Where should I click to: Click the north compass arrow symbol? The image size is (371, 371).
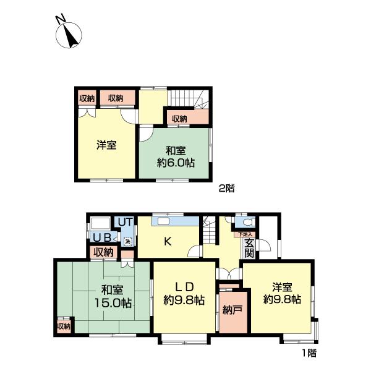69,35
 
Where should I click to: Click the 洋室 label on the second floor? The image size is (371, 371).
106,146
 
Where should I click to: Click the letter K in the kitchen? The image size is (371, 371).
167,242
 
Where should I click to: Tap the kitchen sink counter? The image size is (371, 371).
168,221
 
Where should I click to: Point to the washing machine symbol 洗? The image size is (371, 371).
128,241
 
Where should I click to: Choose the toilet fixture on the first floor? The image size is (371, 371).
247,223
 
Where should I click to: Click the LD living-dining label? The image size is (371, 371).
184,286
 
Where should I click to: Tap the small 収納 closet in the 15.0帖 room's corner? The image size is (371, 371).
64,326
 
